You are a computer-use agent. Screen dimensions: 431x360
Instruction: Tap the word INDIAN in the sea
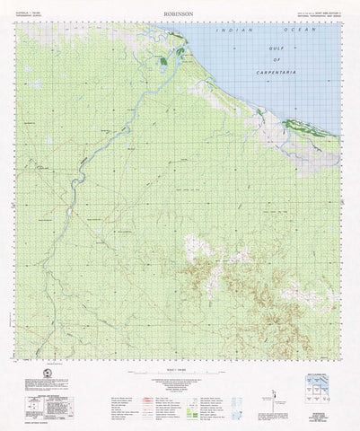pos(233,31)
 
